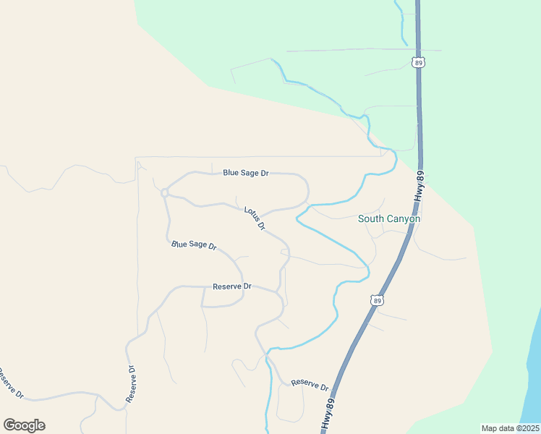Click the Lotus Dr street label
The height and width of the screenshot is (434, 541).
pos(255,218)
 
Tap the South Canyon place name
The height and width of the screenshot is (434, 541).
pos(389,218)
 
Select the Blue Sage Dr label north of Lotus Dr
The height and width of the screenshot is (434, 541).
pos(246,173)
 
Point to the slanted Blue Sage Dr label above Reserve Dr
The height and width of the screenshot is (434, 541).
pos(194,246)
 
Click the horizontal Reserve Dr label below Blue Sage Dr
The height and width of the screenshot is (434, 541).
pos(231,286)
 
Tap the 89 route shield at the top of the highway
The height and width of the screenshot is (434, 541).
pos(419,63)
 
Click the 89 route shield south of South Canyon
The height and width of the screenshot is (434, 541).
pos(376,299)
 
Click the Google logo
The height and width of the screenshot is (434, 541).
pos(24,425)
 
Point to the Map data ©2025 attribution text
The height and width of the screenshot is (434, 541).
pos(509,428)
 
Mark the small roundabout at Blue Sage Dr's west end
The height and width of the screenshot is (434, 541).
pos(165,192)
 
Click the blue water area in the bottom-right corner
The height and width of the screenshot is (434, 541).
pos(532,383)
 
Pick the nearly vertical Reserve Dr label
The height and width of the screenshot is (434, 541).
pos(131,383)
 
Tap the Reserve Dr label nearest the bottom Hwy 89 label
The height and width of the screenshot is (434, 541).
pos(310,385)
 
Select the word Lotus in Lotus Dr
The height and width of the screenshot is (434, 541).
pos(251,214)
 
